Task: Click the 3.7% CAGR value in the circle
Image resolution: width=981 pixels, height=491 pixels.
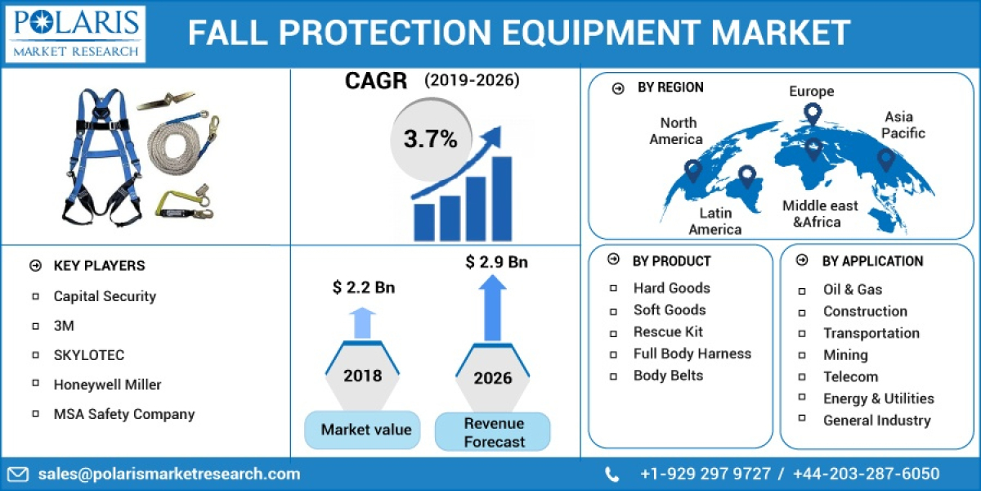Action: coord(430,139)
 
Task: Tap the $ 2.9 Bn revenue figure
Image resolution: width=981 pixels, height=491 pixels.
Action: coord(496,262)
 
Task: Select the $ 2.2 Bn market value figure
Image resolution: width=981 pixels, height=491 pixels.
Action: coord(363,287)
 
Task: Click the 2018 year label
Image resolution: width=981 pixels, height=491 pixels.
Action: coord(362,376)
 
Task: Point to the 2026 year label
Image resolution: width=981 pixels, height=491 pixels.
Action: coord(492,377)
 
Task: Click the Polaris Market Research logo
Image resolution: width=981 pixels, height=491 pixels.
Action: coord(74,34)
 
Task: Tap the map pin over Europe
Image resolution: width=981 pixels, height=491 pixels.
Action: coord(812,113)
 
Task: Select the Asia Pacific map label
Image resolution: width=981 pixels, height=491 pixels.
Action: coord(903,124)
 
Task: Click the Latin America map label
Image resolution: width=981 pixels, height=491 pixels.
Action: coord(714,221)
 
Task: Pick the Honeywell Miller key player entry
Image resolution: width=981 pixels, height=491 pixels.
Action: coord(107,384)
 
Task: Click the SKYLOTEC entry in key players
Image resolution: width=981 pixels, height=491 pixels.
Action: coord(89,355)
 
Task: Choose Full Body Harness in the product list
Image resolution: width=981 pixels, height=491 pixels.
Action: coord(692,354)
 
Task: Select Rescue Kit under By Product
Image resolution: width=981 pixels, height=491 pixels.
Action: coord(668,331)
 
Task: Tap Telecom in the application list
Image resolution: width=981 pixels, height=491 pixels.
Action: coord(850,376)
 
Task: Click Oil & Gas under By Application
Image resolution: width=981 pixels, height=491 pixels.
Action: coord(852,289)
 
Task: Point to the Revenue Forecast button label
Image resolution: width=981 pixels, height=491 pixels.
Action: coord(493,432)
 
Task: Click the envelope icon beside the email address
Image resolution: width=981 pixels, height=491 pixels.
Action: coord(19,474)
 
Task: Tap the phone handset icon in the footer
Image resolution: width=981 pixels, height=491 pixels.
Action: coord(611,474)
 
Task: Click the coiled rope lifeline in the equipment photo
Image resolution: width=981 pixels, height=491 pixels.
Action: coord(173,143)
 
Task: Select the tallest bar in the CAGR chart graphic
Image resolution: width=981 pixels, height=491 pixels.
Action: coord(501,198)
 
